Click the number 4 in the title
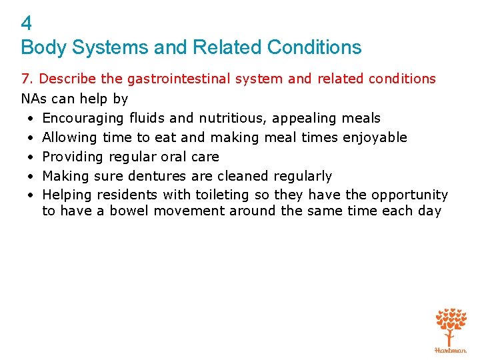pos(27,24)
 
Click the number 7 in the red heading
pos(25,79)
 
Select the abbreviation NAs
pos(33,99)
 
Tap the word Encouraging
pos(83,118)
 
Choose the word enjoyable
pos(374,137)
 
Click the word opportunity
pos(409,195)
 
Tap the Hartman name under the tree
pos(451,349)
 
